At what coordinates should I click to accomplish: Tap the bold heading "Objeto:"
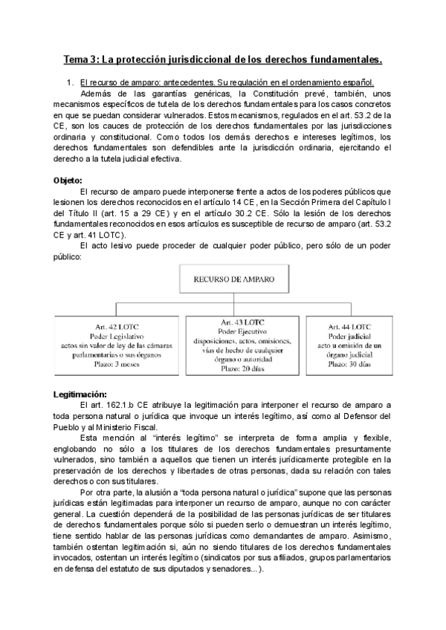click(68, 181)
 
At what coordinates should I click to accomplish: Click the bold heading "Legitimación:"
click(80, 393)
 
